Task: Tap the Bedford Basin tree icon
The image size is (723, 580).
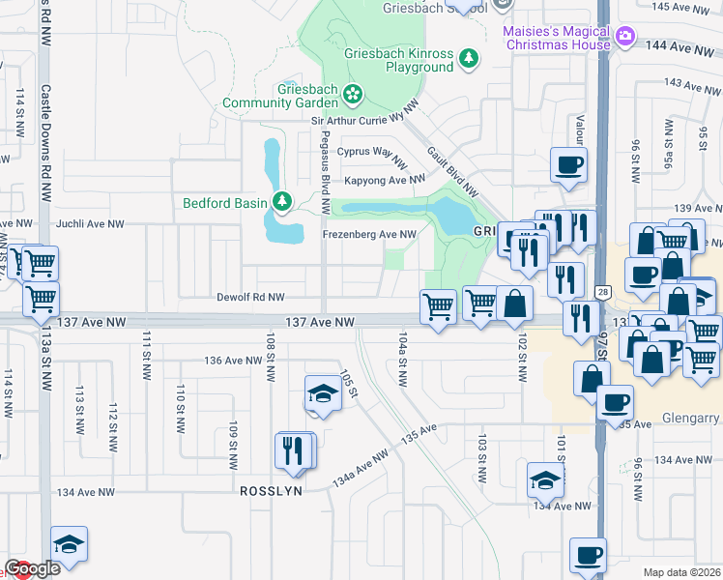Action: [x=282, y=202]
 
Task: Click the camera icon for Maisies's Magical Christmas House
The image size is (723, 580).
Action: [x=625, y=38]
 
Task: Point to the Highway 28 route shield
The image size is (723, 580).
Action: [x=601, y=292]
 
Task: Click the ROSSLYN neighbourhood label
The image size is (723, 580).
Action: [x=272, y=491]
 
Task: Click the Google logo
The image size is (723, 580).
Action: [x=32, y=568]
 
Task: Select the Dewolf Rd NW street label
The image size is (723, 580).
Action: [x=250, y=298]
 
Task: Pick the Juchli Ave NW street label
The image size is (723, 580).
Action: [x=91, y=223]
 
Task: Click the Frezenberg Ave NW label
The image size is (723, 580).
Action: [x=368, y=234]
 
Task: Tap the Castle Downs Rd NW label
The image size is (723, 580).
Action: [x=44, y=142]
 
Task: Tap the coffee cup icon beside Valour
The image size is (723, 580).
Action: [x=568, y=164]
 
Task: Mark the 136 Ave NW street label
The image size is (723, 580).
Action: [x=232, y=361]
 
